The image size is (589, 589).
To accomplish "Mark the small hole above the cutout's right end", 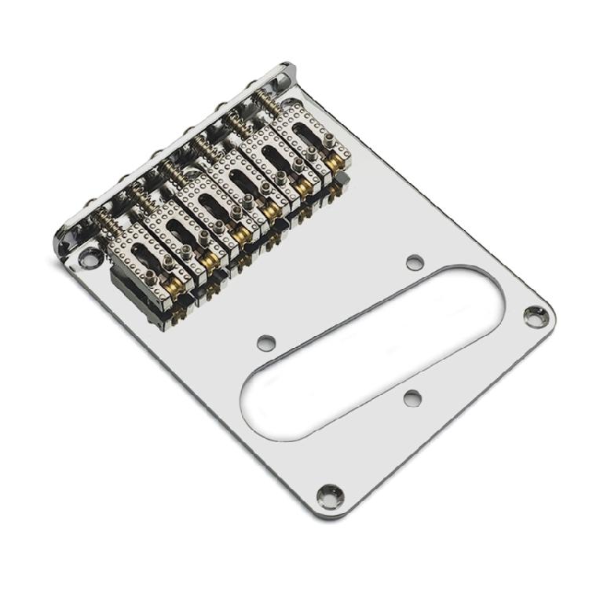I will point(413,262).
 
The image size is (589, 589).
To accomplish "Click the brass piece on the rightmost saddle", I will point(336,164).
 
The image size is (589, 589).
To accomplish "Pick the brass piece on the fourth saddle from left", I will point(273,210).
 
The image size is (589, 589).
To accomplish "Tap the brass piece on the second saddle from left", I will point(207,259).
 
